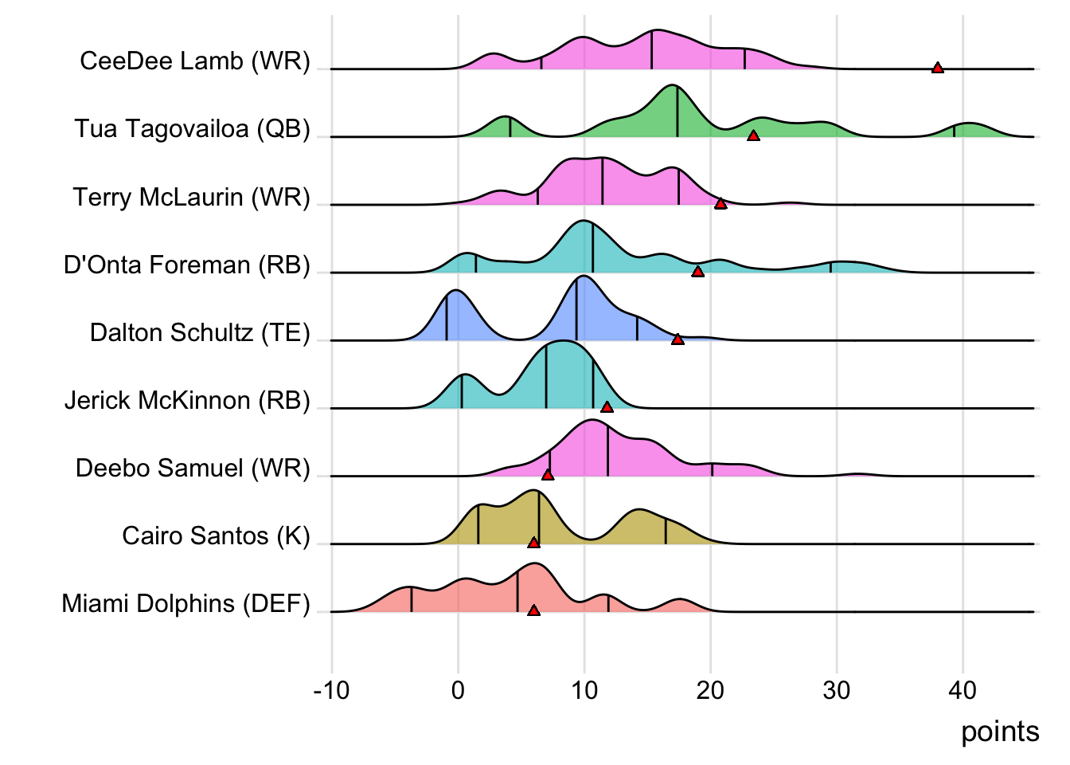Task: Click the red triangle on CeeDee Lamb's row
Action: point(938,68)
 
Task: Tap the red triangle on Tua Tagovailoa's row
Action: point(753,135)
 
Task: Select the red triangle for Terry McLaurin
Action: point(720,204)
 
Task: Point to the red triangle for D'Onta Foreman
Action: point(697,272)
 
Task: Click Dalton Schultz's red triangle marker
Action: point(678,339)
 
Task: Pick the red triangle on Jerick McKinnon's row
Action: point(607,407)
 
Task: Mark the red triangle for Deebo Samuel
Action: point(548,475)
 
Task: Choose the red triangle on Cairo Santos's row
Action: point(533,543)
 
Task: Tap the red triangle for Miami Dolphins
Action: point(533,610)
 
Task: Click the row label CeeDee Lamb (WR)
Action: point(195,61)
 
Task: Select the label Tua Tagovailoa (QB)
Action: point(193,128)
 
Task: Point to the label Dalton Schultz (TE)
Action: point(200,332)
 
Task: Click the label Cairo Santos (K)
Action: point(216,535)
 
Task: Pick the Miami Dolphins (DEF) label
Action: point(185,603)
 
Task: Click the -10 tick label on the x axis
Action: point(331,690)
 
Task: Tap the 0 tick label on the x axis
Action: point(458,690)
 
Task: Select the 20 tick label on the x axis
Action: point(710,690)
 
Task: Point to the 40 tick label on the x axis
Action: point(963,690)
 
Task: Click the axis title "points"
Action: point(1000,732)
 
